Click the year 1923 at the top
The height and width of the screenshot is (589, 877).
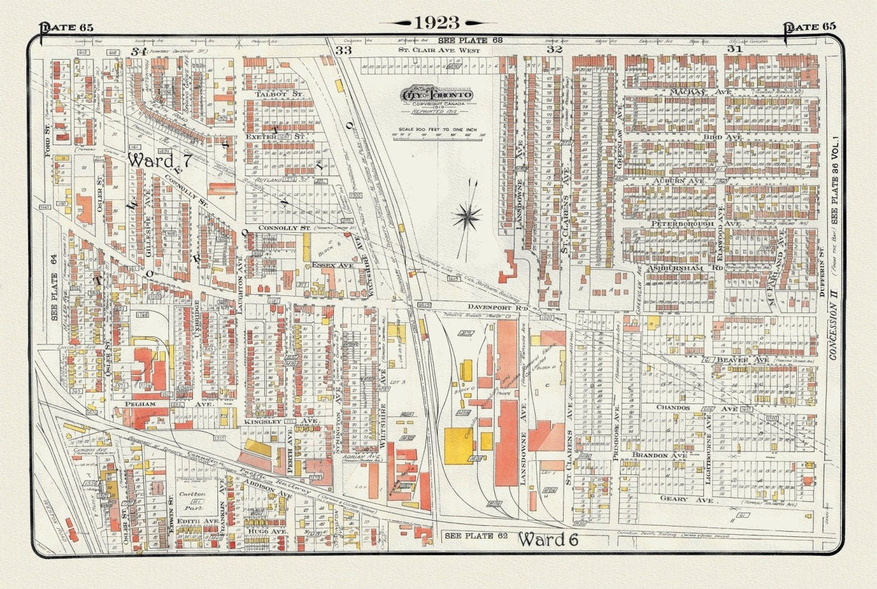point(438,22)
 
